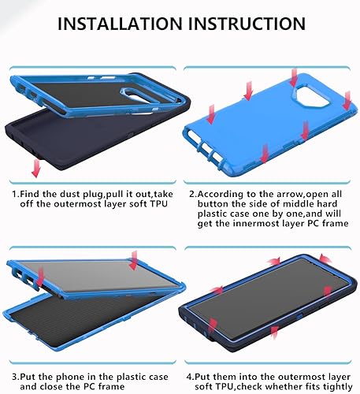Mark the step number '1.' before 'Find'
[x=17, y=192]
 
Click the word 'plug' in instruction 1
[x=109, y=192]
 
